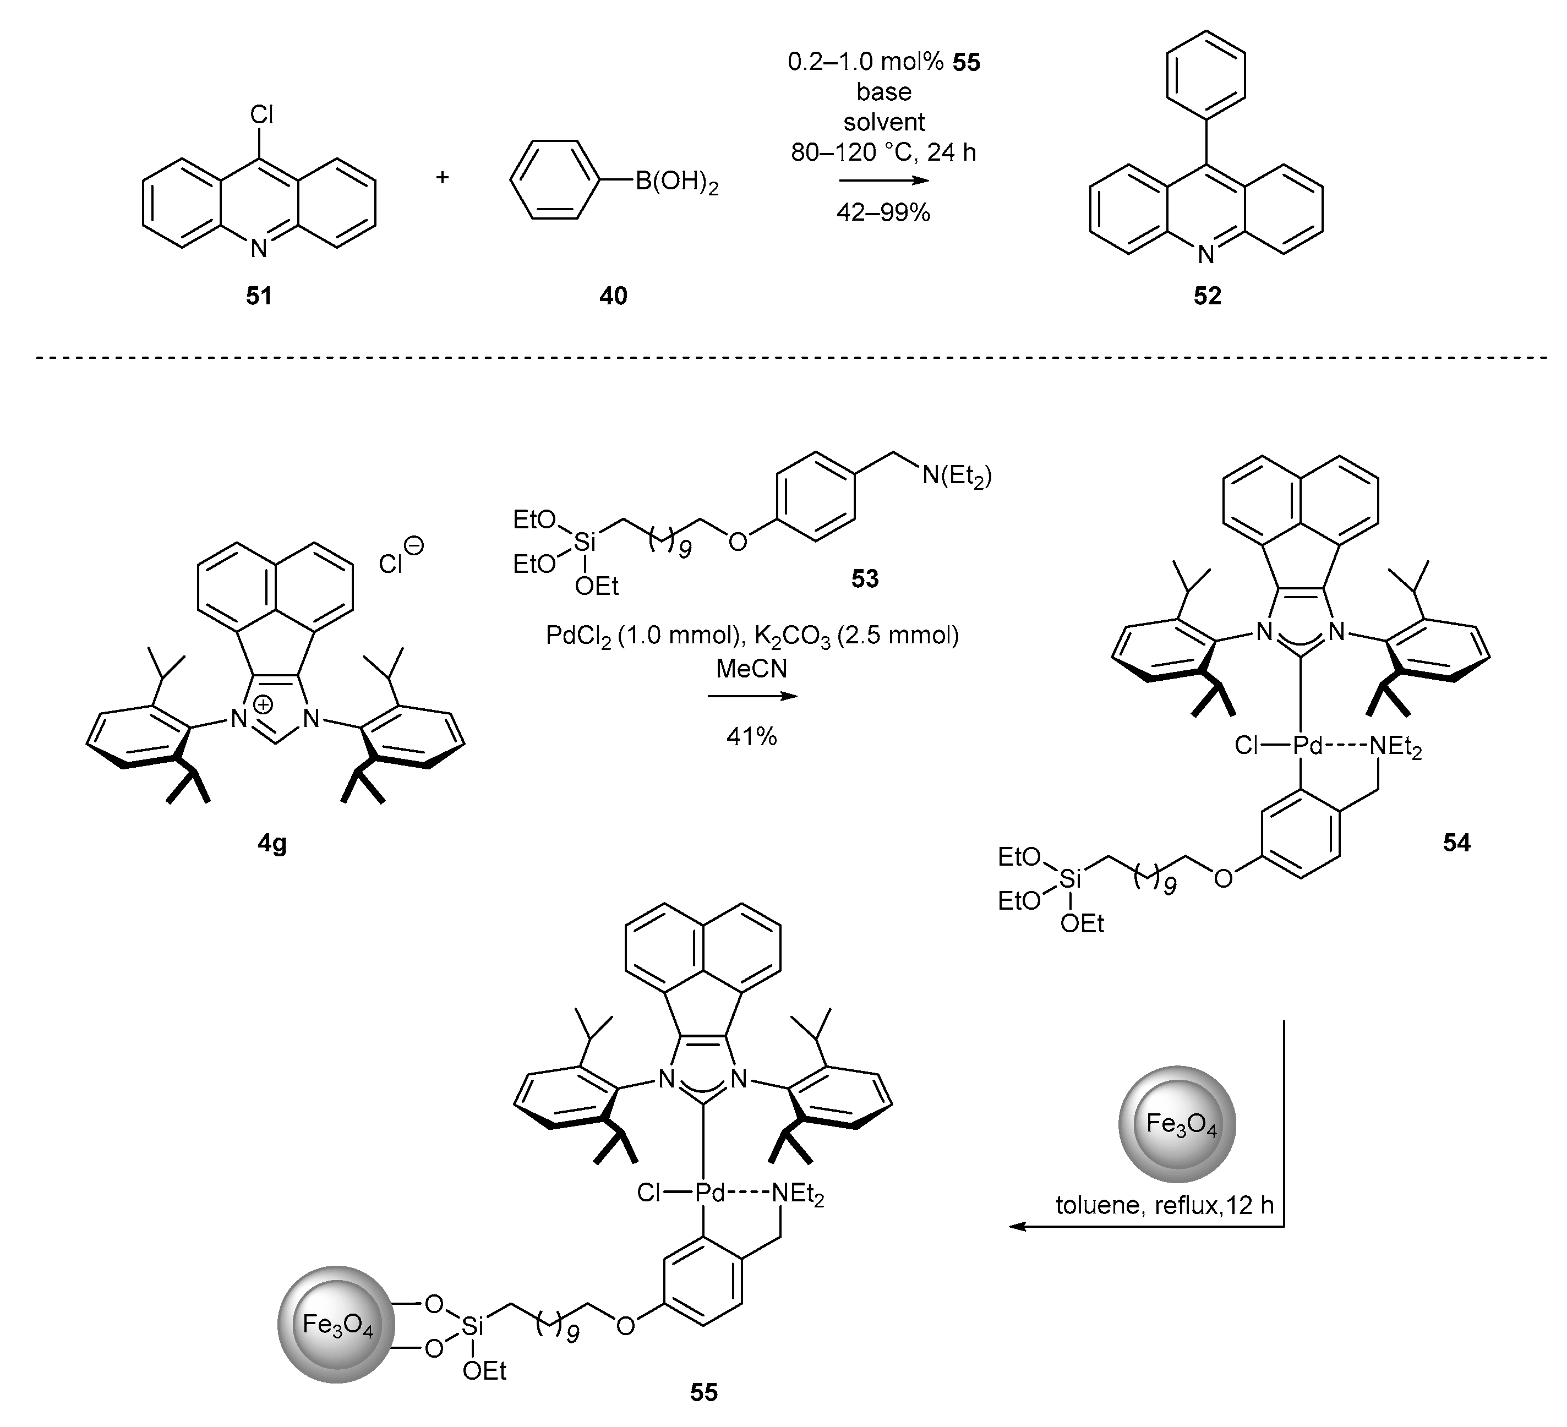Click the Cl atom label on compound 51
261,116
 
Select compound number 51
259,296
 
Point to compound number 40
613,296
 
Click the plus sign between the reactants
443,177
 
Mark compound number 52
1207,296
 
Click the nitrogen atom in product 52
1205,255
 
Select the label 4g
272,843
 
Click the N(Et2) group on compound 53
957,475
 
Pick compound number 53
864,579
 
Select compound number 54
1456,843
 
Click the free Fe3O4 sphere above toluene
1177,1125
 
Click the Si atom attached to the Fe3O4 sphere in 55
472,1327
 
